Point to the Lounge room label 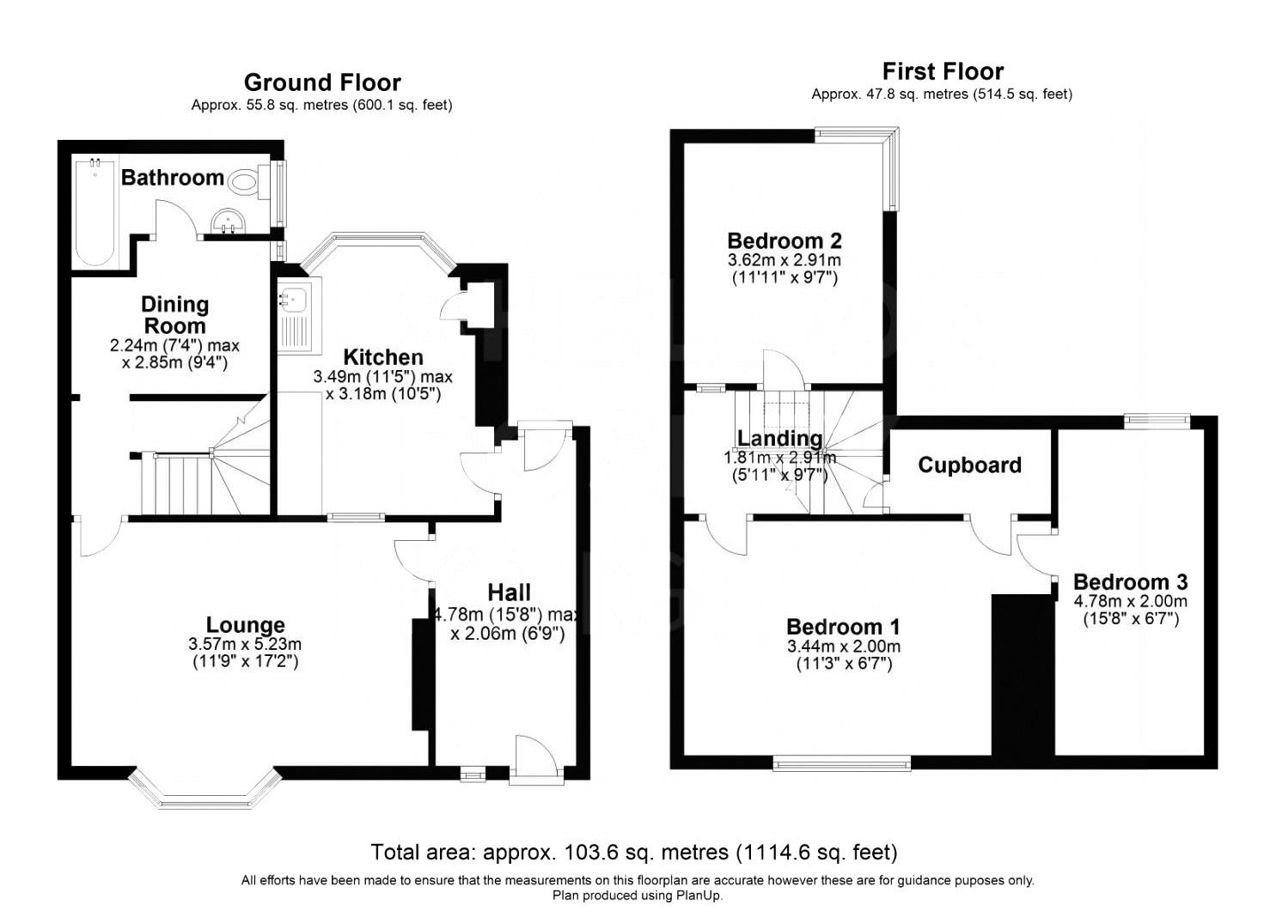click(245, 624)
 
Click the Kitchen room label click(383, 357)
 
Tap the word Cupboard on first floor click(969, 465)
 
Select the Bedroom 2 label click(784, 240)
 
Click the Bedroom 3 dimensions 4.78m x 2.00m click(1130, 601)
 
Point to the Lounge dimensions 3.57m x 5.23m click(245, 644)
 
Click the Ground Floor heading click(322, 82)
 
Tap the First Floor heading click(943, 72)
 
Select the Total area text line click(634, 853)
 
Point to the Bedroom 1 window click(842, 763)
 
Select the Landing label click(779, 438)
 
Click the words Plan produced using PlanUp click(638, 896)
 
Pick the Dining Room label click(175, 315)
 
